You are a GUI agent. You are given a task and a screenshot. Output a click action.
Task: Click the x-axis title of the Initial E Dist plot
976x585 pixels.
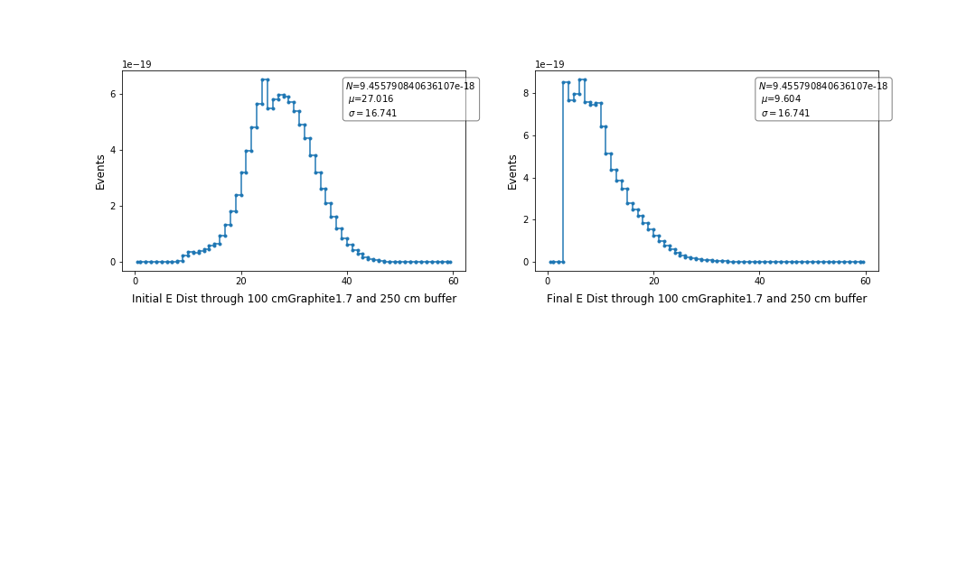click(x=294, y=299)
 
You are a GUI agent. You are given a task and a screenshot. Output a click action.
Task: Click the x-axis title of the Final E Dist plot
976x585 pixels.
click(x=706, y=299)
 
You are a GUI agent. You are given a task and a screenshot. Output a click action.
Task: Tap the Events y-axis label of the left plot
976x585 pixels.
click(x=100, y=172)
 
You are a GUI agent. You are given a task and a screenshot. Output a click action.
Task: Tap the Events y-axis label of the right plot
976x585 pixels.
click(x=512, y=172)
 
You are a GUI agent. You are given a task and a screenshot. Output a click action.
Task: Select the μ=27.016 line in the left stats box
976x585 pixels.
click(x=371, y=99)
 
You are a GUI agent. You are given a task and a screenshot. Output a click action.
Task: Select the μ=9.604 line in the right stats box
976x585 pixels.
click(x=781, y=99)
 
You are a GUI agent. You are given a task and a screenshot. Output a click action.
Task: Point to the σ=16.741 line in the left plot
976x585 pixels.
click(x=372, y=113)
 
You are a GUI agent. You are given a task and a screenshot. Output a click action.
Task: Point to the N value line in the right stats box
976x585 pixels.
click(x=822, y=86)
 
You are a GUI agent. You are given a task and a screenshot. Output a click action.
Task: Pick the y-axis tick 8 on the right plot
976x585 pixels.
click(x=526, y=93)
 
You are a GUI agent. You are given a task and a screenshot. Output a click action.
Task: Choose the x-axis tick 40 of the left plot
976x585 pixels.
click(x=347, y=281)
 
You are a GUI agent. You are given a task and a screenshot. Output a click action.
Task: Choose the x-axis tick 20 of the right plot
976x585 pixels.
click(x=653, y=281)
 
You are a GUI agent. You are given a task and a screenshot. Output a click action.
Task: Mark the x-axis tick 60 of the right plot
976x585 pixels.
click(x=866, y=281)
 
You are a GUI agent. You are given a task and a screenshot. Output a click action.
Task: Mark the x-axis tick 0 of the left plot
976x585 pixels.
click(x=136, y=281)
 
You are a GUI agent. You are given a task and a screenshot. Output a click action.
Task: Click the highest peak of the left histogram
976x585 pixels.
click(x=265, y=79)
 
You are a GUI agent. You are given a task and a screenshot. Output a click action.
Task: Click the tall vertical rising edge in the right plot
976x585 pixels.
click(x=563, y=172)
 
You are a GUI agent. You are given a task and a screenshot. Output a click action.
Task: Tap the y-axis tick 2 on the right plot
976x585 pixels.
click(x=526, y=219)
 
